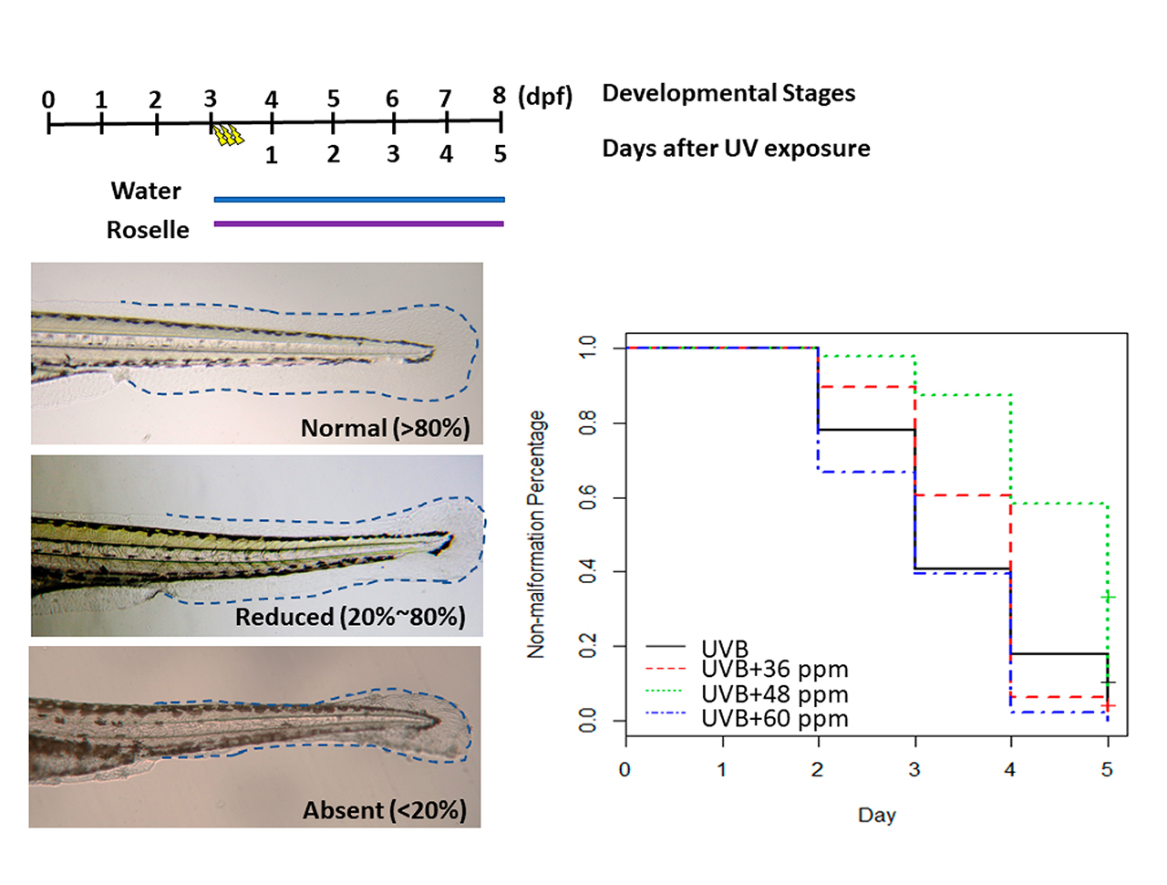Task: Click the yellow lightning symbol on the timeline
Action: click(x=228, y=135)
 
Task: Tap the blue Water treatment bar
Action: click(x=358, y=199)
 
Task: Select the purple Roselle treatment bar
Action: click(x=358, y=224)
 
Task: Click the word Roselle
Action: click(x=148, y=230)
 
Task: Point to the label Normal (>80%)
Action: click(x=385, y=428)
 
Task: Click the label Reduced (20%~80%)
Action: click(x=350, y=617)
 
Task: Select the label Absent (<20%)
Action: click(x=384, y=810)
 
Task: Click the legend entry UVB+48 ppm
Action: click(x=774, y=694)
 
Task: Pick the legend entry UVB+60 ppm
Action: click(x=774, y=719)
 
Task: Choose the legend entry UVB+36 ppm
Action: click(x=774, y=670)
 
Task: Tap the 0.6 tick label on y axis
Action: click(x=588, y=498)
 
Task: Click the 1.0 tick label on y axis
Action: click(x=588, y=348)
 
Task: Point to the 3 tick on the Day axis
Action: click(x=914, y=769)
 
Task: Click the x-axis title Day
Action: click(x=876, y=815)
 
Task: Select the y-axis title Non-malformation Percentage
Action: click(x=536, y=534)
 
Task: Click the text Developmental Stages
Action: click(x=728, y=93)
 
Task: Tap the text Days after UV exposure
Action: click(x=736, y=148)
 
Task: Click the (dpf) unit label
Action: click(x=545, y=96)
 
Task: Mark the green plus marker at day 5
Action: click(x=1108, y=597)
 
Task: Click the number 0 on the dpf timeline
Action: click(x=48, y=99)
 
